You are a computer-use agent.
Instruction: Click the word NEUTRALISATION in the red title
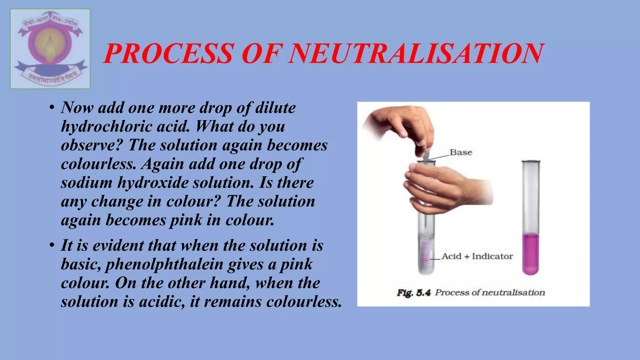[x=416, y=53]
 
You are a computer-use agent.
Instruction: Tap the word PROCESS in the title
[x=169, y=53]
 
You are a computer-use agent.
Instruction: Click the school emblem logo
[x=50, y=49]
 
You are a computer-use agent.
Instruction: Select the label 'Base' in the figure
[x=461, y=152]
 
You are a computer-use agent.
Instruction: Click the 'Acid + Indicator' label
[x=477, y=256]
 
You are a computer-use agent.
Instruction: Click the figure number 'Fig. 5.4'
[x=414, y=293]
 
